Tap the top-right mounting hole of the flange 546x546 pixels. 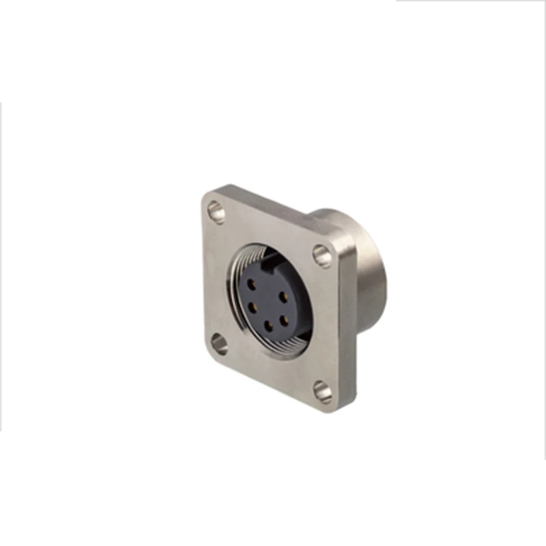(x=321, y=255)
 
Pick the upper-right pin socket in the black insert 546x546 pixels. (x=282, y=299)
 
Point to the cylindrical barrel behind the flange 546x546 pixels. (x=372, y=287)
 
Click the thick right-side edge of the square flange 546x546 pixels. (x=348, y=328)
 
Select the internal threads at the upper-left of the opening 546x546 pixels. (x=239, y=263)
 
